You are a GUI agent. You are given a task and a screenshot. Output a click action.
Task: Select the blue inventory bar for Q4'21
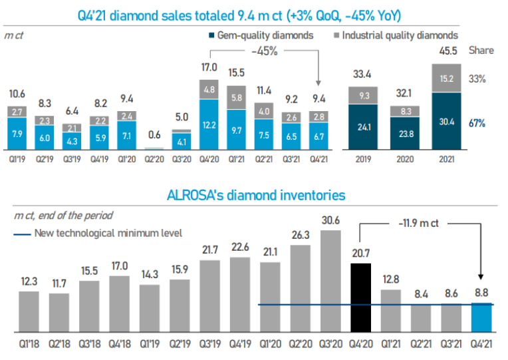pos(481,317)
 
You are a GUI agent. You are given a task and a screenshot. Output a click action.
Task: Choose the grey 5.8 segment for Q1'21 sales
pos(237,98)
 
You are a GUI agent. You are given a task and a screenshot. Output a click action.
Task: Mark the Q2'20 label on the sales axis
pos(152,160)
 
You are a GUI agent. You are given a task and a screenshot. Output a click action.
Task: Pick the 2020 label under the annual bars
pos(404,160)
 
